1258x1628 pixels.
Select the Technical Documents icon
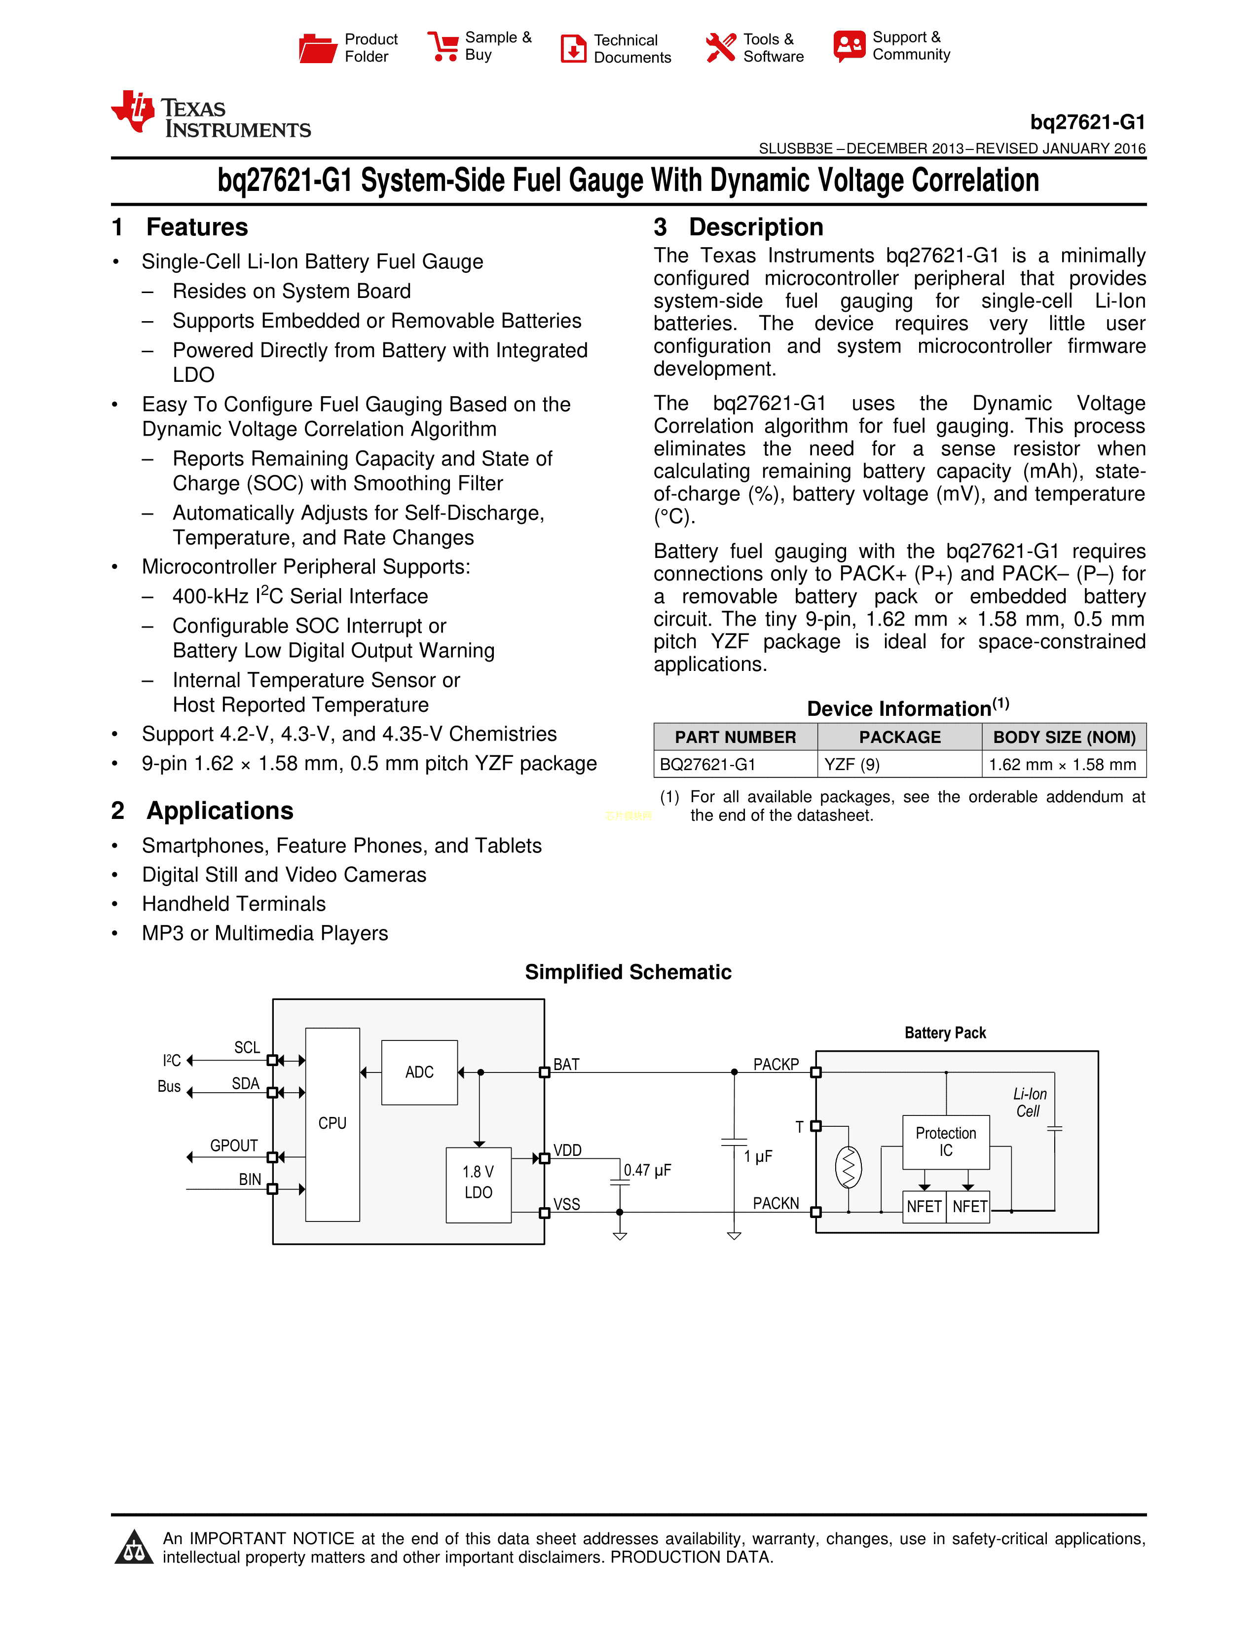coord(573,48)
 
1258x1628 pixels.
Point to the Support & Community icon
coord(849,46)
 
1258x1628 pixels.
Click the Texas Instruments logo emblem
coord(133,112)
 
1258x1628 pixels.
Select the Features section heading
coord(197,226)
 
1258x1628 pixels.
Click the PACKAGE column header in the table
coord(899,737)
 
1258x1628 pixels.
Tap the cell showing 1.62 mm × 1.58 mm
coord(1062,764)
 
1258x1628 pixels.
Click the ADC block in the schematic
coord(419,1072)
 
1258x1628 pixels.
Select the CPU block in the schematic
coord(333,1123)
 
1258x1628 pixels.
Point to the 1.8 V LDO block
coord(478,1182)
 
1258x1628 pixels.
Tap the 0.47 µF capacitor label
coord(647,1170)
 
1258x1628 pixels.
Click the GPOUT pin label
coord(233,1146)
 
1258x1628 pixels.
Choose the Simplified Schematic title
coord(628,972)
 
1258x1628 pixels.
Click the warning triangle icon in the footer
coord(134,1548)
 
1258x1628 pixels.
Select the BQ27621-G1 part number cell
coord(707,764)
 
